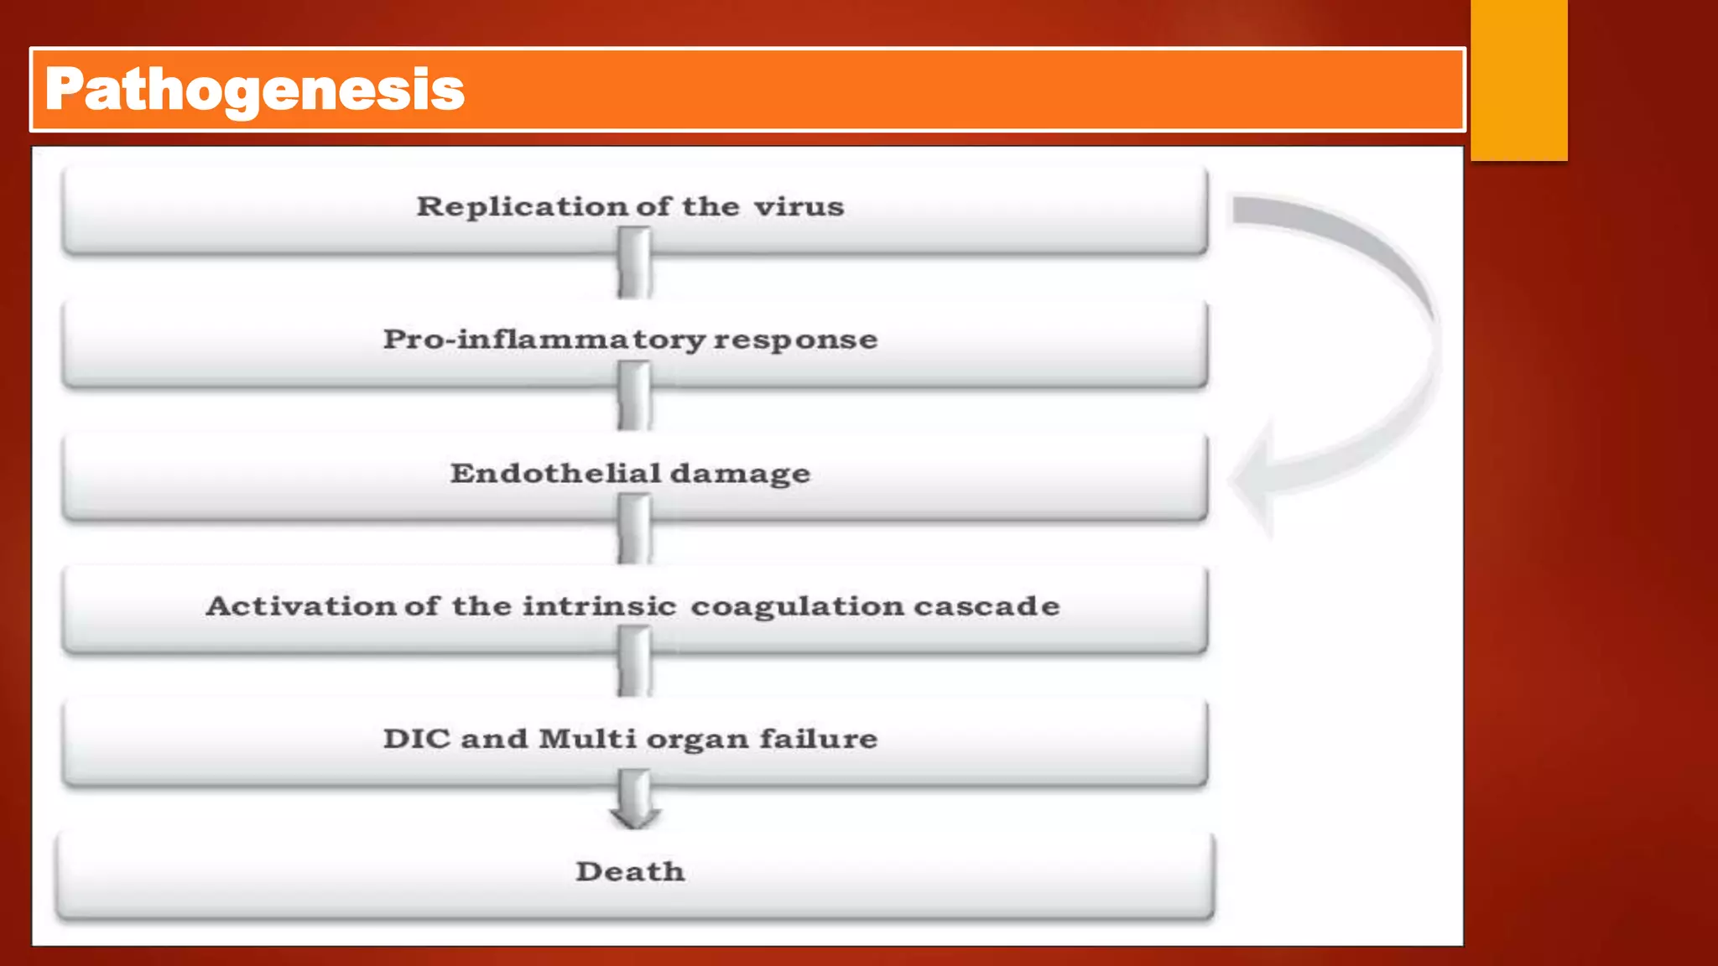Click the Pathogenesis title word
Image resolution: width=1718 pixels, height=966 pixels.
click(x=255, y=90)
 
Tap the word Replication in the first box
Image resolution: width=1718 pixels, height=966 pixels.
click(x=522, y=206)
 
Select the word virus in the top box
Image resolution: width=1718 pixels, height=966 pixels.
click(x=799, y=206)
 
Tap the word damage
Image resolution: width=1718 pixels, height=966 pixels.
click(x=740, y=474)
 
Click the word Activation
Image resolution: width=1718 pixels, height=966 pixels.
click(x=300, y=605)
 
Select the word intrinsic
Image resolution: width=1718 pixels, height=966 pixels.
click(x=599, y=605)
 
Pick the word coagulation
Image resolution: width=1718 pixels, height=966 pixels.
click(x=797, y=605)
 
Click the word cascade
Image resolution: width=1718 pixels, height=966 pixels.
click(x=987, y=605)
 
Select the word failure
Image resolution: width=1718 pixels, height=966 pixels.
click(x=819, y=739)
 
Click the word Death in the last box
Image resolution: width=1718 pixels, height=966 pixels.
click(x=630, y=872)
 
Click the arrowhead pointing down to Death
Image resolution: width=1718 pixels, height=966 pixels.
click(x=634, y=813)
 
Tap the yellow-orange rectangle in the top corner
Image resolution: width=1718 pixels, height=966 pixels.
click(x=1518, y=80)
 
